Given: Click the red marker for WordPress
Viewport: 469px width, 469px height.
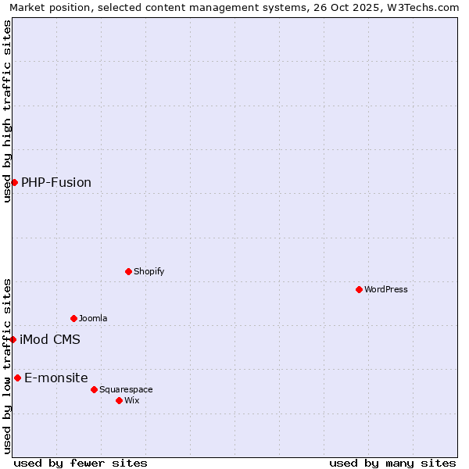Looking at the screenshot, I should (x=359, y=289).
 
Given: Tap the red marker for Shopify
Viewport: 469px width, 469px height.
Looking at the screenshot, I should (x=128, y=271).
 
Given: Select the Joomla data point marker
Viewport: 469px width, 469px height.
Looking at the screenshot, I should (x=73, y=318).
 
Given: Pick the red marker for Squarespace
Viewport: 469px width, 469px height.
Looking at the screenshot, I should (x=94, y=389).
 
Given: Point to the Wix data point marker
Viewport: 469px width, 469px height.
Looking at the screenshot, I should (x=119, y=400).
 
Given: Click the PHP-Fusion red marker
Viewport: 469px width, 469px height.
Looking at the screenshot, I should (x=14, y=182).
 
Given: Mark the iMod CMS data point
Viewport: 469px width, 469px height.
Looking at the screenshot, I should (x=13, y=339).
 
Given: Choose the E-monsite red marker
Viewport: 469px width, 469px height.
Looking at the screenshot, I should (x=17, y=378).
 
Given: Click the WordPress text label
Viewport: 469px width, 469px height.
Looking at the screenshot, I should (x=386, y=289).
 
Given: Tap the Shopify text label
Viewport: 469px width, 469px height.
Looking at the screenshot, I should (x=149, y=271).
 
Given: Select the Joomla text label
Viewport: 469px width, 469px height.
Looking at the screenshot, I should (x=93, y=318).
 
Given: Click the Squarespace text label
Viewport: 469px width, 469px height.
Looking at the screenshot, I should (x=126, y=389).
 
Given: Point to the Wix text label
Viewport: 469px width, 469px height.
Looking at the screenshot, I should (x=131, y=400).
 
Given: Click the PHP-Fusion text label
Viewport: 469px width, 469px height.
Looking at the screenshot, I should (x=56, y=182).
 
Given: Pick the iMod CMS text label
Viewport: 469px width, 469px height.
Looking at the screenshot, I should (x=50, y=339).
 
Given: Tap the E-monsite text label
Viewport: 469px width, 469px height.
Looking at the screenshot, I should (x=56, y=378).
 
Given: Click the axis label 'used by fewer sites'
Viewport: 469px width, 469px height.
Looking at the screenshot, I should (x=81, y=463).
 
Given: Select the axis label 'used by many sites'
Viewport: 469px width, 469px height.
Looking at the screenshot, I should (x=392, y=463).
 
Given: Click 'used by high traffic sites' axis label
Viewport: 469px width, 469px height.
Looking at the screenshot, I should (x=7, y=110).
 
